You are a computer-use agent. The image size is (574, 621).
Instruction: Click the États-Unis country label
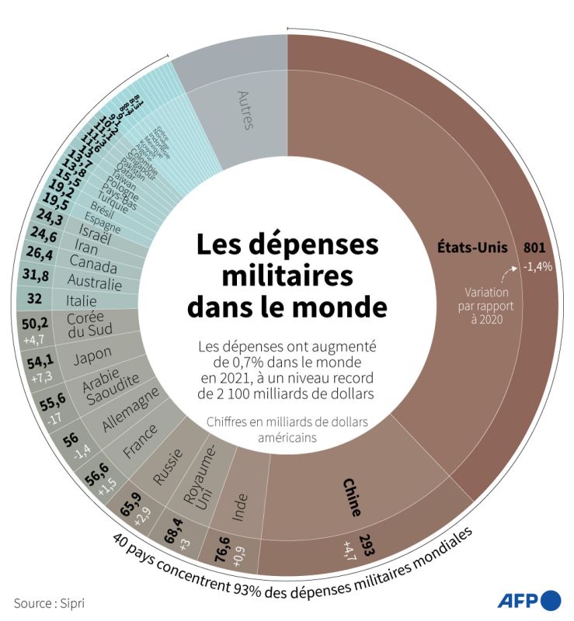click(x=471, y=248)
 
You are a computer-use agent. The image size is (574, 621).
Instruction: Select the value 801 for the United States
click(x=534, y=248)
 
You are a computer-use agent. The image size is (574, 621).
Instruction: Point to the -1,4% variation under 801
click(x=537, y=266)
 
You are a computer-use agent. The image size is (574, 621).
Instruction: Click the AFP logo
click(x=528, y=600)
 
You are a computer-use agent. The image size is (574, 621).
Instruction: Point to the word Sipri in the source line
click(x=71, y=602)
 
